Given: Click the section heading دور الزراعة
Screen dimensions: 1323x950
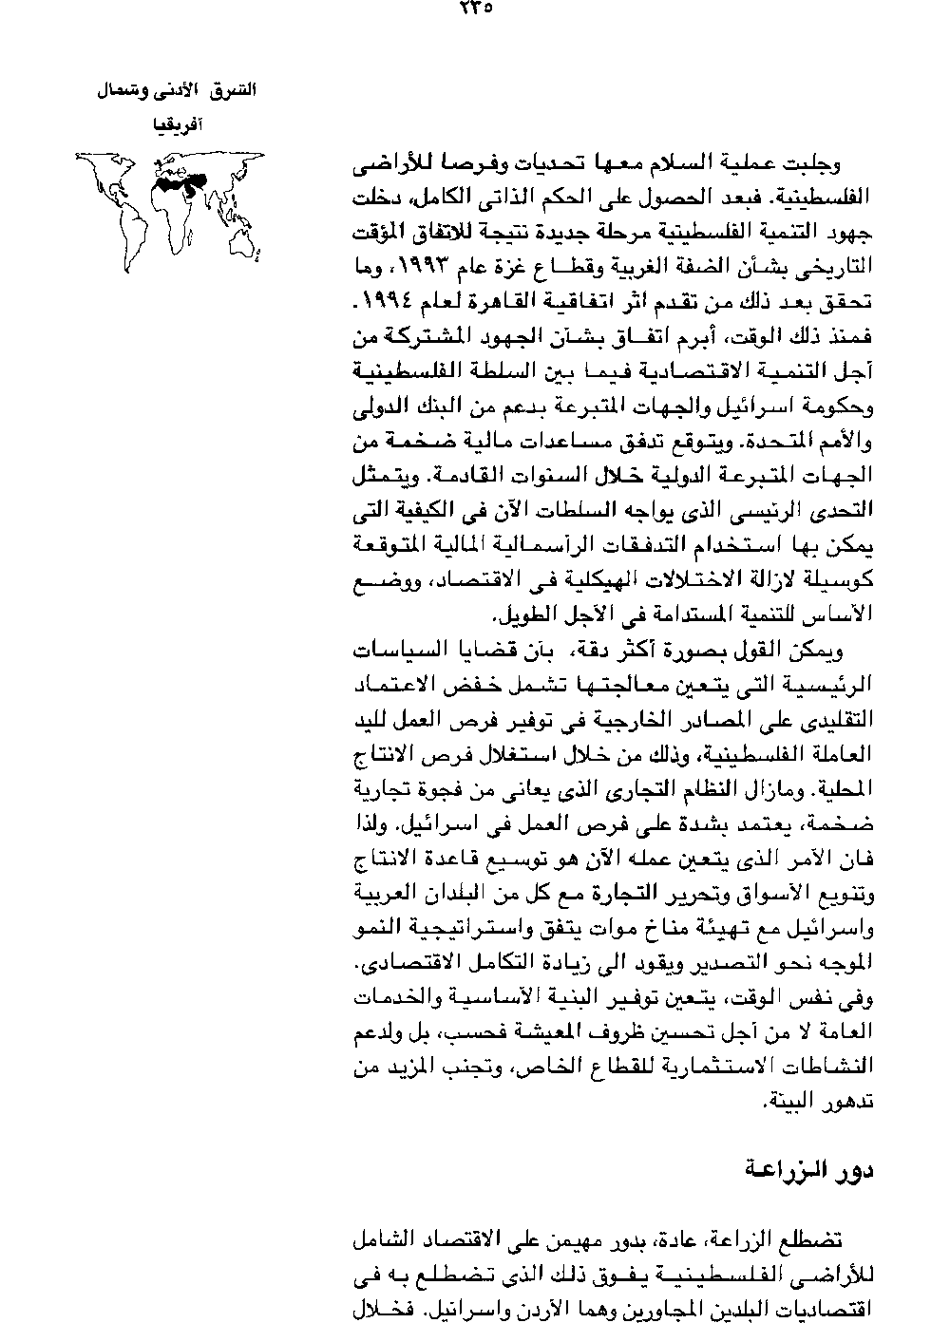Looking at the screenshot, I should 821,1170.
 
